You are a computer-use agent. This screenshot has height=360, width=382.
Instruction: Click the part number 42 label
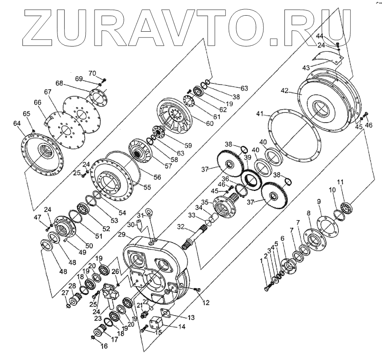(x=285, y=91)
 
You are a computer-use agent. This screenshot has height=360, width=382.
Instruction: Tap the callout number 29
(x=122, y=235)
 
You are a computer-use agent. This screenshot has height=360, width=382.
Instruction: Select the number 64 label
(x=17, y=124)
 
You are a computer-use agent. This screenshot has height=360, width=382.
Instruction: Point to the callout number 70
(x=92, y=73)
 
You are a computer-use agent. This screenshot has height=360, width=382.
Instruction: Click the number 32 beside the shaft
(x=181, y=226)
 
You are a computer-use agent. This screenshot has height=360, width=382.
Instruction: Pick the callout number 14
(x=182, y=327)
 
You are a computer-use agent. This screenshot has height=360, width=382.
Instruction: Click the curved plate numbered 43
(x=328, y=59)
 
